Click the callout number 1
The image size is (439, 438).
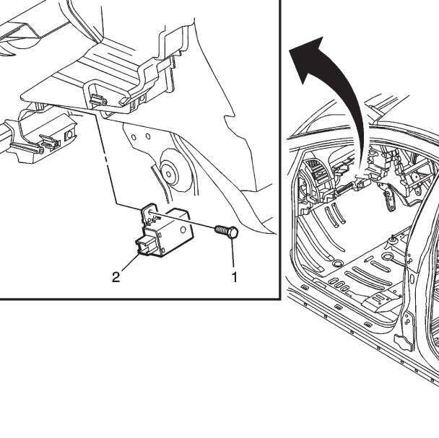point(235,277)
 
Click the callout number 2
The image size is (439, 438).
point(116,277)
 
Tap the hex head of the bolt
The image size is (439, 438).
point(232,232)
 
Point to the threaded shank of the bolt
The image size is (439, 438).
point(222,230)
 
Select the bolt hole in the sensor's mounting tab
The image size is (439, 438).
point(150,212)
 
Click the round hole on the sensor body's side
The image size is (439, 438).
point(183,229)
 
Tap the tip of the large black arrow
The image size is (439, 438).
point(289,50)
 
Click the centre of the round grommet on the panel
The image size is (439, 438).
point(168,174)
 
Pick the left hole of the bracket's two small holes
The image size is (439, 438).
point(134,137)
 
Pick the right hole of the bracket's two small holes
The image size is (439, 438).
point(148,137)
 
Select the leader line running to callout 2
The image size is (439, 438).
point(131,262)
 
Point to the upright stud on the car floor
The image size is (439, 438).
point(393,237)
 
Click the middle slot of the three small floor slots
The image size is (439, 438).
point(339,285)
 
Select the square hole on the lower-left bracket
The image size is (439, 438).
point(69,136)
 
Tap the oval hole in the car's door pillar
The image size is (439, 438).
point(412,279)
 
